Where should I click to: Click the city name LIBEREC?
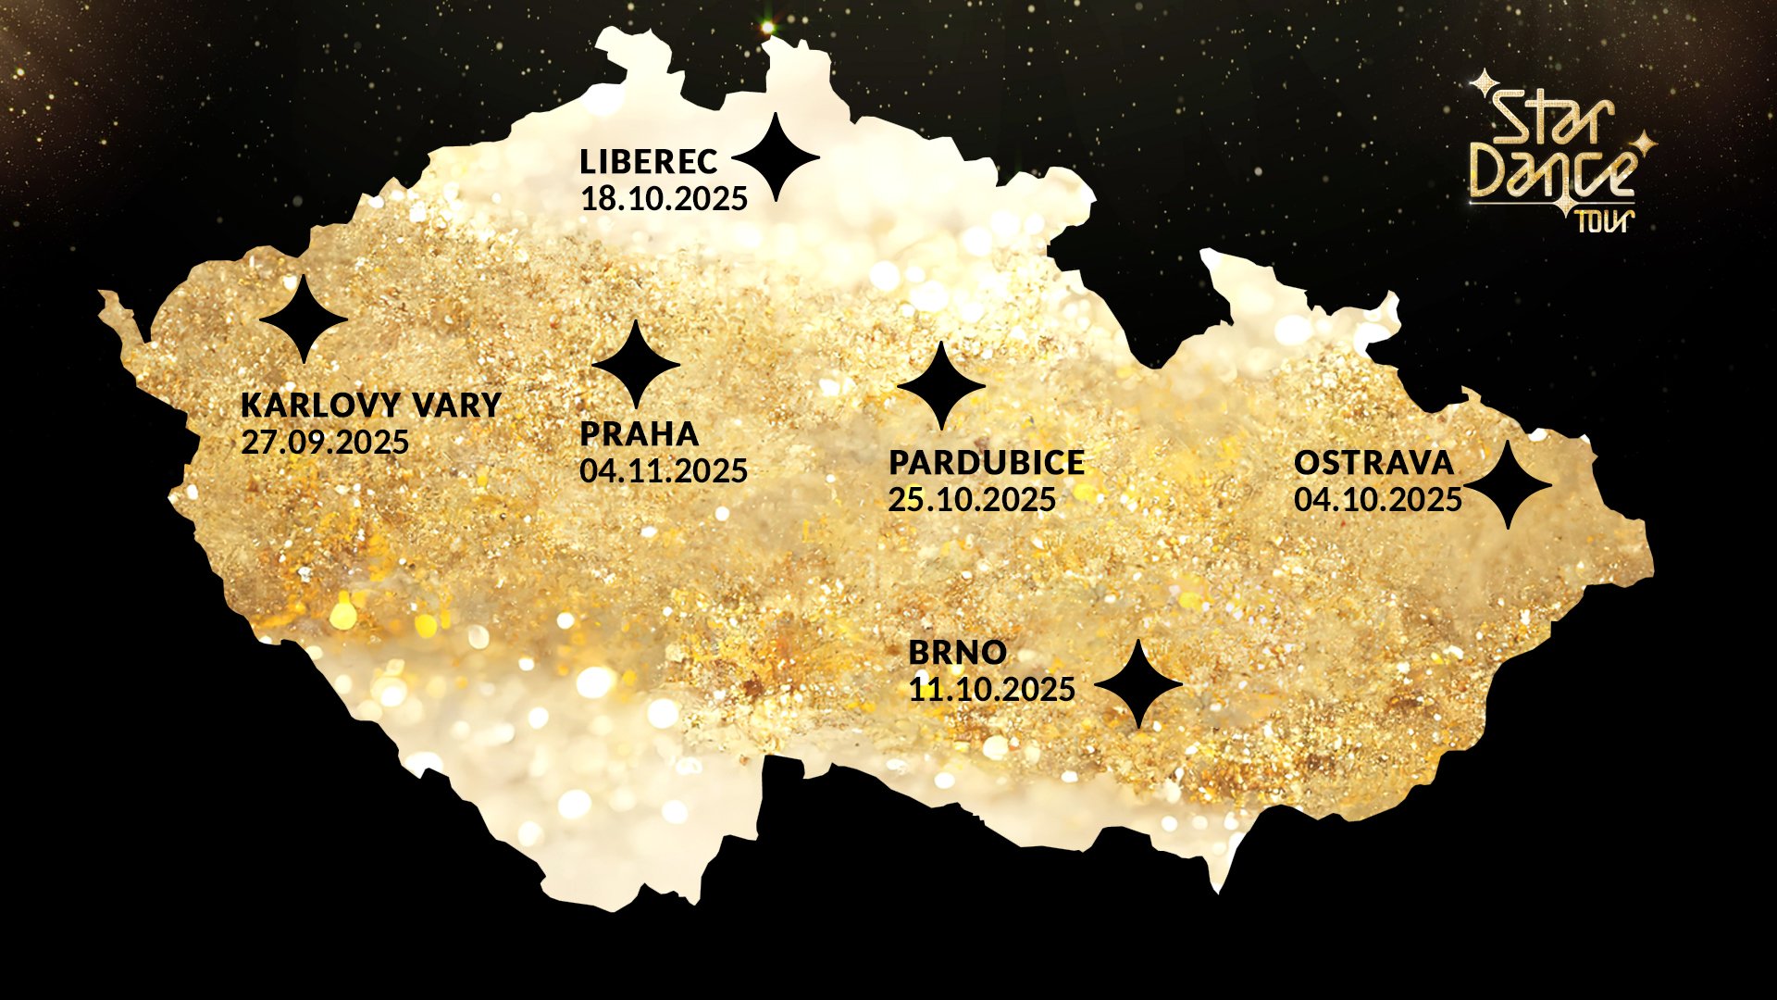(648, 162)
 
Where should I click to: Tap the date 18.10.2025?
(664, 199)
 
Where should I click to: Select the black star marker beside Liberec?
(776, 158)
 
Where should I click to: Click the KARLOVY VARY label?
(370, 405)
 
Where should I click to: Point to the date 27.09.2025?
(325, 443)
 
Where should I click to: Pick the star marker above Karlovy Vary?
(304, 319)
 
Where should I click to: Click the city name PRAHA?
(639, 433)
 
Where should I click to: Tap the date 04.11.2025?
(664, 471)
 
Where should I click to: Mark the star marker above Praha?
(636, 365)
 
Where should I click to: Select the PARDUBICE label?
(987, 462)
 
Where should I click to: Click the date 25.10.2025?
(972, 500)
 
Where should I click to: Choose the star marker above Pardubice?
(941, 386)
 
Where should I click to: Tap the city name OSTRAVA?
(1373, 462)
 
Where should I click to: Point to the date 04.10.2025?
(1377, 500)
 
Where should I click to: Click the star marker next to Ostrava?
(1508, 485)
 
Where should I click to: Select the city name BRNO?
(957, 652)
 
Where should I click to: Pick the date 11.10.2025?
(991, 690)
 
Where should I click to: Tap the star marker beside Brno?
(1138, 684)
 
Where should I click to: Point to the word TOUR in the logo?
(1604, 220)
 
